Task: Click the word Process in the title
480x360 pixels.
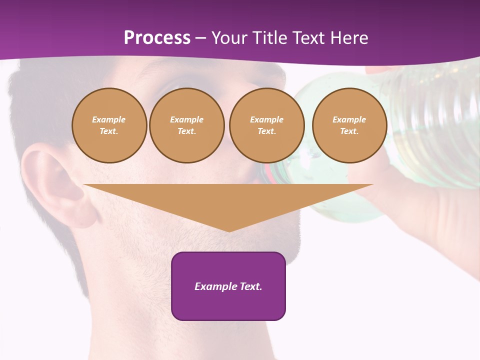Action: pos(157,38)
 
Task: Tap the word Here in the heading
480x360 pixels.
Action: pos(348,38)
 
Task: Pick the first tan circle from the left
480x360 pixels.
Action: pos(109,125)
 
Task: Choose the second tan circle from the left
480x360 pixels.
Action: pos(186,125)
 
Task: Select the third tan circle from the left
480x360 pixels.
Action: pos(266,125)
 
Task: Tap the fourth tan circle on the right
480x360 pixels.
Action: pos(349,125)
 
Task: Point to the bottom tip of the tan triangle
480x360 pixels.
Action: pos(229,231)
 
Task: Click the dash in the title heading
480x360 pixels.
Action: pos(201,38)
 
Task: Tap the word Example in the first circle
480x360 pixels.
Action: pos(109,119)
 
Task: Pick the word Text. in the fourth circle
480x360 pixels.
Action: pos(349,131)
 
